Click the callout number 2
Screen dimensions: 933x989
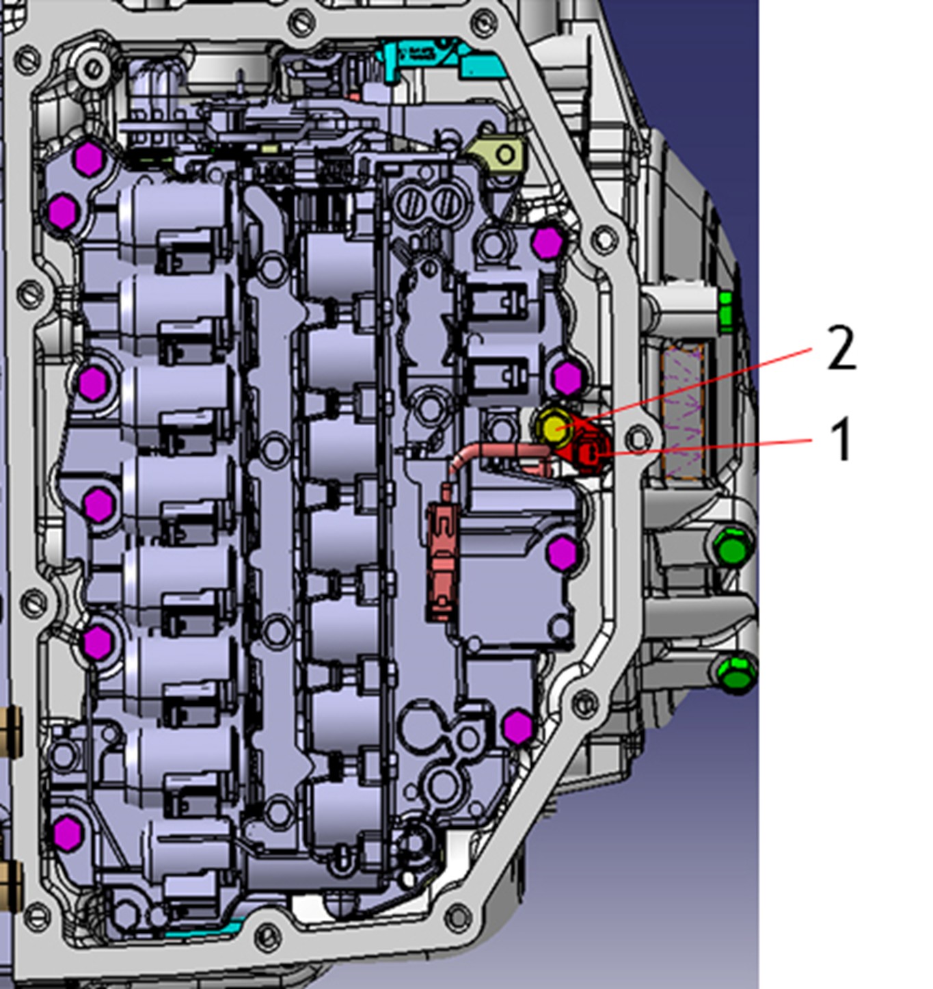841,348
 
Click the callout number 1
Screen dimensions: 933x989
841,439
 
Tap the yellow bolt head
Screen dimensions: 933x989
554,427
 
